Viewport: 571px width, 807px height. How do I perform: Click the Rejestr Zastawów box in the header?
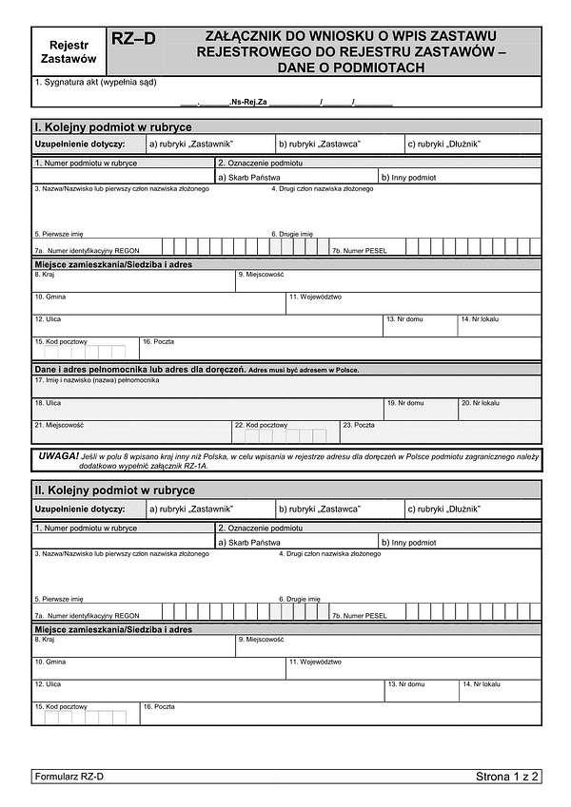click(x=68, y=51)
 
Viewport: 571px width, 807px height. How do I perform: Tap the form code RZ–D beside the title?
click(x=133, y=39)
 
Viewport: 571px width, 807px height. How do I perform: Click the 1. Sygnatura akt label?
click(x=96, y=83)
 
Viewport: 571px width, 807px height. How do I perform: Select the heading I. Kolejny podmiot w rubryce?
click(x=113, y=126)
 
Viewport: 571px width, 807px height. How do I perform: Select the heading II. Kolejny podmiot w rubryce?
click(x=115, y=490)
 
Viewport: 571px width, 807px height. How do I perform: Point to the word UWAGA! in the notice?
click(x=59, y=456)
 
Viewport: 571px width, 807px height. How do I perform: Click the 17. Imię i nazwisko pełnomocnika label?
click(x=97, y=380)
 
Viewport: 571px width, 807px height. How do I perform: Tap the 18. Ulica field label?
click(x=48, y=403)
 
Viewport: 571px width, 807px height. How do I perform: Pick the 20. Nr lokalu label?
click(x=480, y=403)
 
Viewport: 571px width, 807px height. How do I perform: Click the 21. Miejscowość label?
click(x=59, y=425)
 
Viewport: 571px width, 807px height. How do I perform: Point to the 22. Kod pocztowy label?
click(x=261, y=425)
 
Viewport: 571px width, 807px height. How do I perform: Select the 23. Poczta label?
click(x=359, y=425)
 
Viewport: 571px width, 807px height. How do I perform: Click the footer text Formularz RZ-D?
click(x=69, y=777)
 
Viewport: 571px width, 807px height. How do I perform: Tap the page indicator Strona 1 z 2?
click(x=507, y=777)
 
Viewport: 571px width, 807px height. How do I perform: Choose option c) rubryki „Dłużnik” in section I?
click(x=443, y=144)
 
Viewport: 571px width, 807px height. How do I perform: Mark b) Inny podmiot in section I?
click(x=408, y=177)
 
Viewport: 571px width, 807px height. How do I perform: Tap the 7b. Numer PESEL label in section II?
click(x=359, y=616)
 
